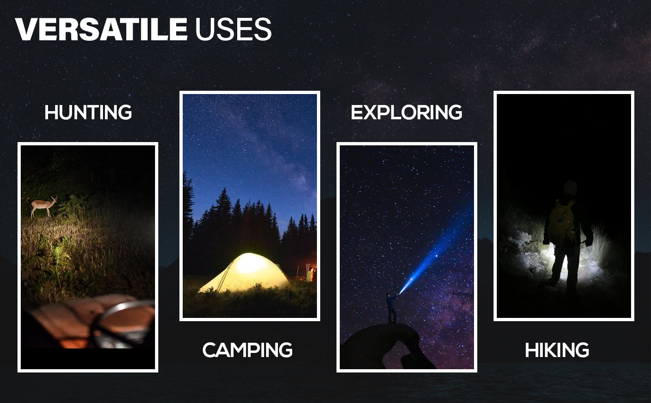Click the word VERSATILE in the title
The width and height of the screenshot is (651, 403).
click(x=101, y=29)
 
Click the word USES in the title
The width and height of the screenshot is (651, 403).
click(x=234, y=29)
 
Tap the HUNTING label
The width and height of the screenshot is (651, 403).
click(x=88, y=112)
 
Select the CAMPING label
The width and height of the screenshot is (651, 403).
click(x=247, y=350)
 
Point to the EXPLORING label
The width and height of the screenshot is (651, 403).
click(x=406, y=112)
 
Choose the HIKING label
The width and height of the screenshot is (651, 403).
click(x=557, y=350)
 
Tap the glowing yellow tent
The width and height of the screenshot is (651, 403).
click(x=245, y=272)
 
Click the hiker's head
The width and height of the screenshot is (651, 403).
click(x=570, y=188)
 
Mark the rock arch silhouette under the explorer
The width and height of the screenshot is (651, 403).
click(x=387, y=346)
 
